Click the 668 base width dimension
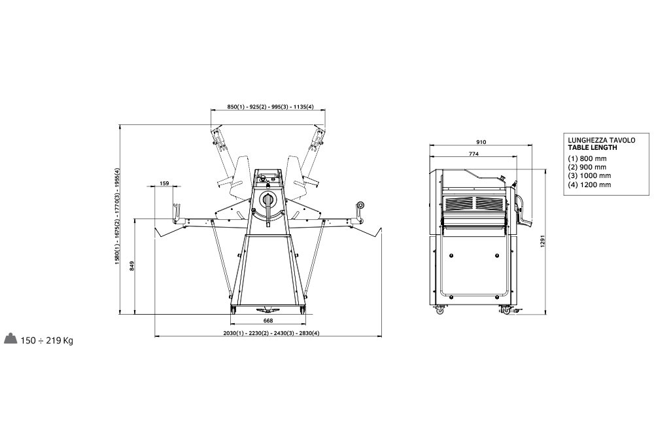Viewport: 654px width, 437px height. [268, 321]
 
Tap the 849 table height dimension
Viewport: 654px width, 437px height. [132, 266]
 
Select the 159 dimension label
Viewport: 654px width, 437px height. [164, 183]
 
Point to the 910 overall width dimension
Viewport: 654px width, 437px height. [481, 142]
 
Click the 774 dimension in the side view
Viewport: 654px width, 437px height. [473, 154]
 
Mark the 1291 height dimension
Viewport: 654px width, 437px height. [543, 241]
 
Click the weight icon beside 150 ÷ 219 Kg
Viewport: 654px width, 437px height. [10, 338]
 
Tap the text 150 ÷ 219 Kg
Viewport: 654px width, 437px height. [46, 341]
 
